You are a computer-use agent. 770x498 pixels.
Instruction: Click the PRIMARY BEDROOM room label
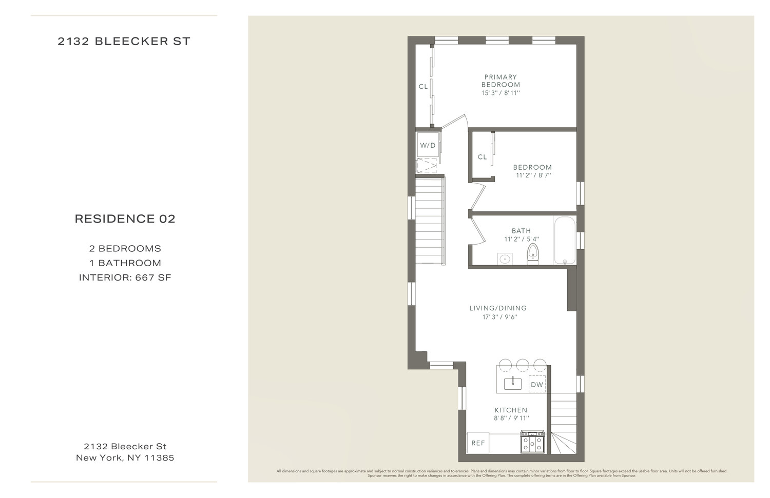point(500,81)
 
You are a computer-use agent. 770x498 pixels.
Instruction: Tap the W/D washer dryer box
point(428,145)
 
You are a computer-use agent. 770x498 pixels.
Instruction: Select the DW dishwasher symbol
point(537,385)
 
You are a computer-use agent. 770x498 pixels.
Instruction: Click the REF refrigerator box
point(478,443)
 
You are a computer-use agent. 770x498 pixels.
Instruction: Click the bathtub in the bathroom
point(565,240)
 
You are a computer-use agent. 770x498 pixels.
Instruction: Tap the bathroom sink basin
point(505,259)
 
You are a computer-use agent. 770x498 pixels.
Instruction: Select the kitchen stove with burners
point(532,442)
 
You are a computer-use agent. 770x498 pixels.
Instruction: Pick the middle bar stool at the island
point(523,365)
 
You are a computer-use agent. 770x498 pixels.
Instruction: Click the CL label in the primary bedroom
point(423,87)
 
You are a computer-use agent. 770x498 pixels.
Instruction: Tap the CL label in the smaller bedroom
point(482,157)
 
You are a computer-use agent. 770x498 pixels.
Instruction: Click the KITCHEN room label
point(511,410)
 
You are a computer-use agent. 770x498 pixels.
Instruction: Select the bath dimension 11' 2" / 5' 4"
point(522,239)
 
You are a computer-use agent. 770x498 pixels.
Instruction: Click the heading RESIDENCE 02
point(125,219)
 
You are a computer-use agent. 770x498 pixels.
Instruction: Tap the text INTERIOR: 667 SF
point(125,277)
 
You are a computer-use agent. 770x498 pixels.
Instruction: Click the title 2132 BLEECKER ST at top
point(124,42)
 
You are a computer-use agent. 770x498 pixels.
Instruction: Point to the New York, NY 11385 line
point(125,458)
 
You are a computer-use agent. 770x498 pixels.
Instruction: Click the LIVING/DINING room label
point(498,308)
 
